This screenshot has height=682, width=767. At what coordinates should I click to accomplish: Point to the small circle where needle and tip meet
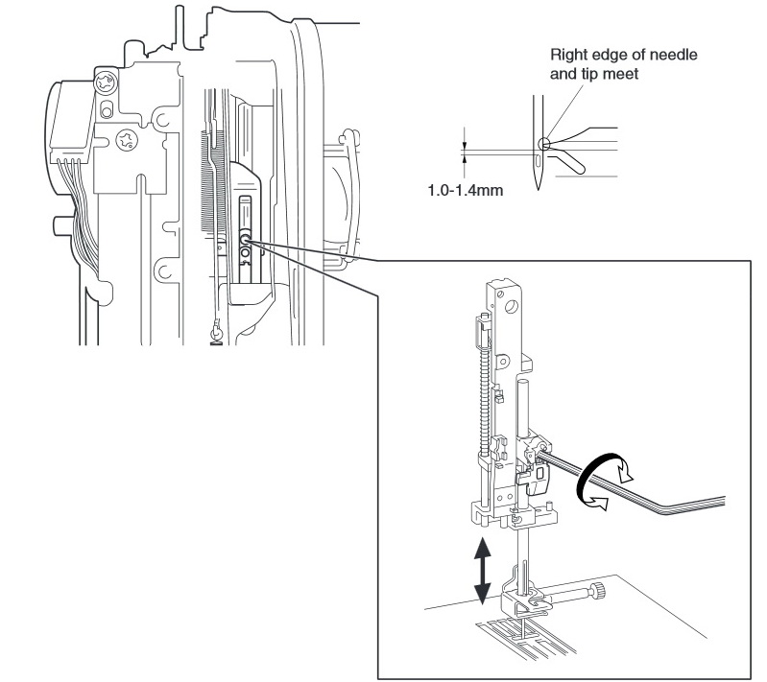click(x=544, y=145)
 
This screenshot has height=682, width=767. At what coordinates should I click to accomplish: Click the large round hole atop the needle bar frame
click(x=513, y=305)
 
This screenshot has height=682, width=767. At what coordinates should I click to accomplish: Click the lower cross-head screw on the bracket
click(x=125, y=142)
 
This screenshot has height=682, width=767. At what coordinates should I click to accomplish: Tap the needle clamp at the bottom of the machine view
click(x=217, y=332)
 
